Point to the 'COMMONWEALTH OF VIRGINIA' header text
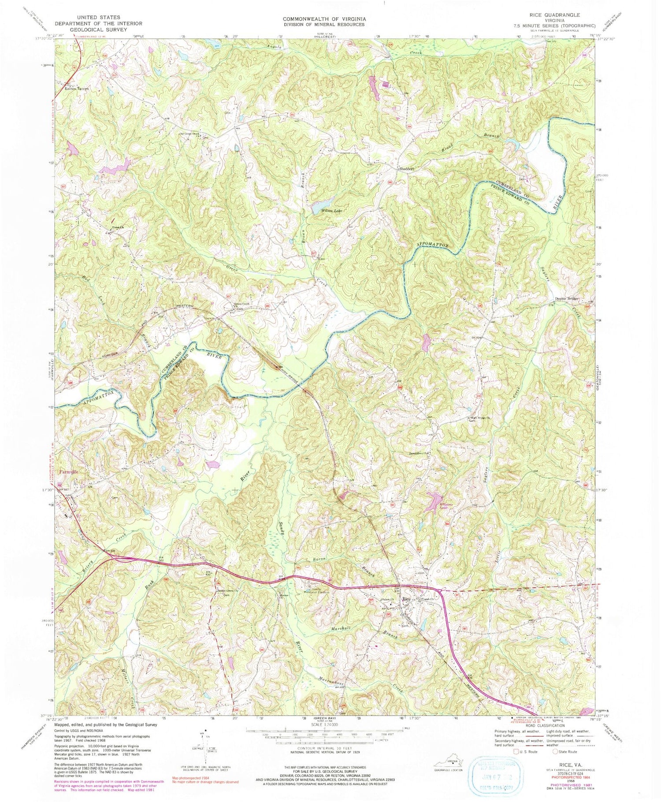click(324, 19)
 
